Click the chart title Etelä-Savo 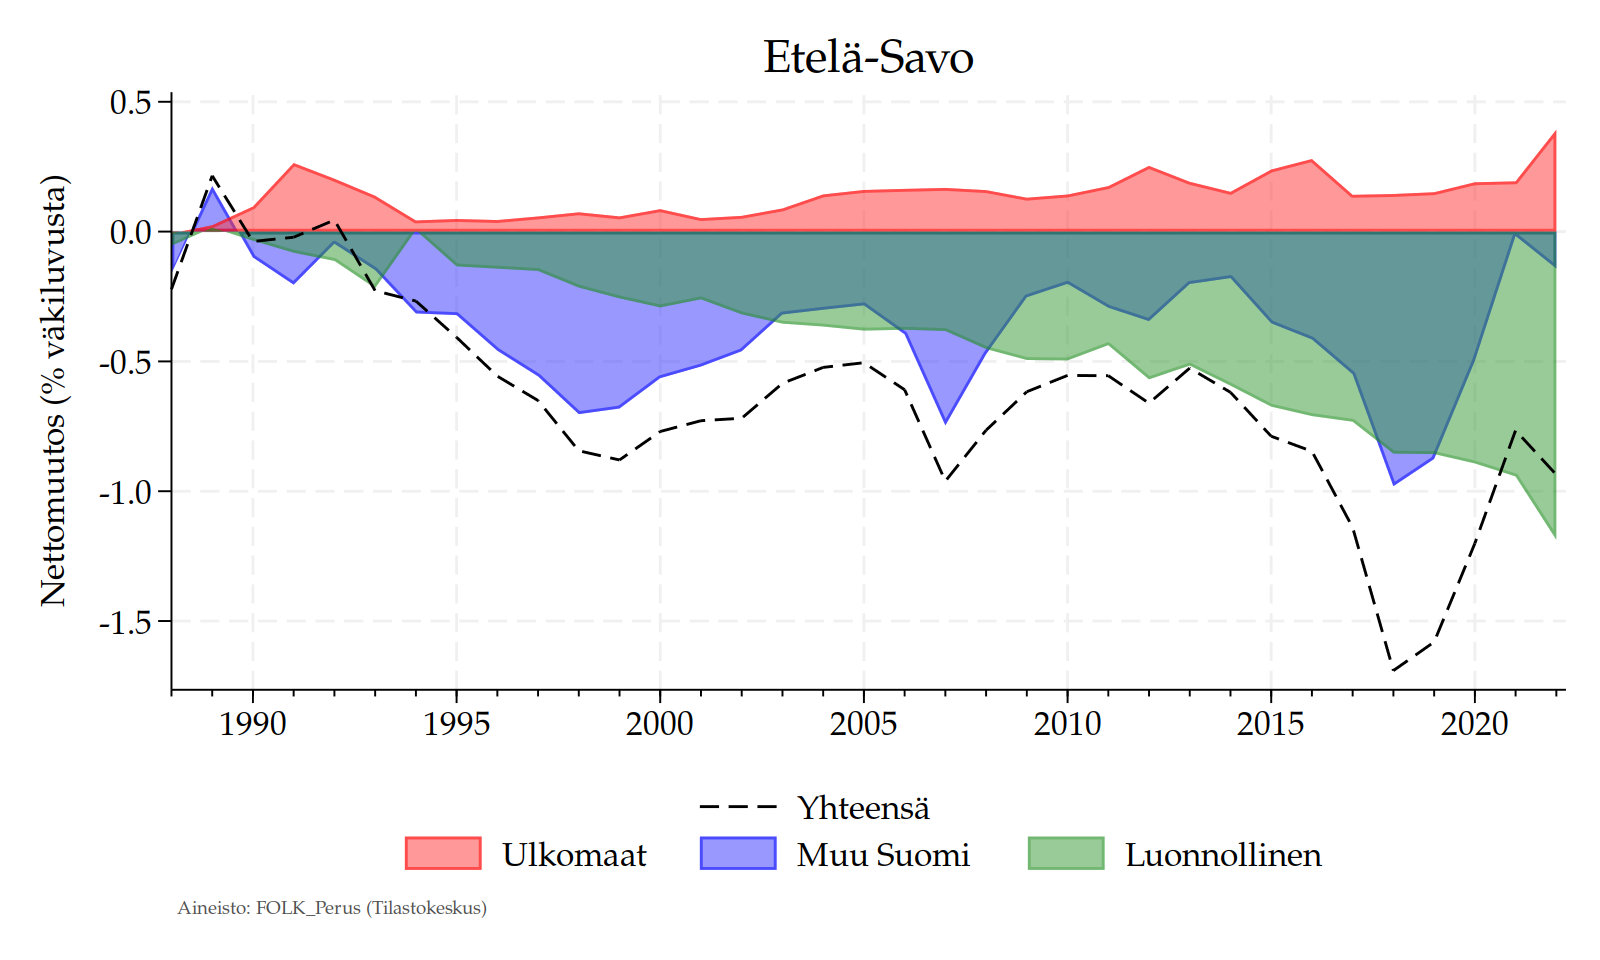[x=868, y=57]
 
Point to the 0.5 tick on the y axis [x=129, y=103]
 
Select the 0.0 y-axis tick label [x=129, y=232]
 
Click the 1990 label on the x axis [x=253, y=723]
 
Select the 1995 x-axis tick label [x=456, y=723]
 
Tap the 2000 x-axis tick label [x=660, y=723]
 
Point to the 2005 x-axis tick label [x=863, y=723]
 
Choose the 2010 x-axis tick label [x=1067, y=723]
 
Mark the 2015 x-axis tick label [x=1270, y=723]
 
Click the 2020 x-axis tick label [x=1474, y=723]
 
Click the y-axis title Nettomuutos [x=54, y=390]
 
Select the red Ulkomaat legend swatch [x=443, y=853]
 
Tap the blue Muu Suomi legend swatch [x=738, y=853]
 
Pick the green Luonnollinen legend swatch [x=1066, y=853]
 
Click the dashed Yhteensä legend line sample [x=738, y=806]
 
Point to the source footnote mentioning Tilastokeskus [x=332, y=908]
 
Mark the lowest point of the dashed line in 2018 [x=1393, y=670]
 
